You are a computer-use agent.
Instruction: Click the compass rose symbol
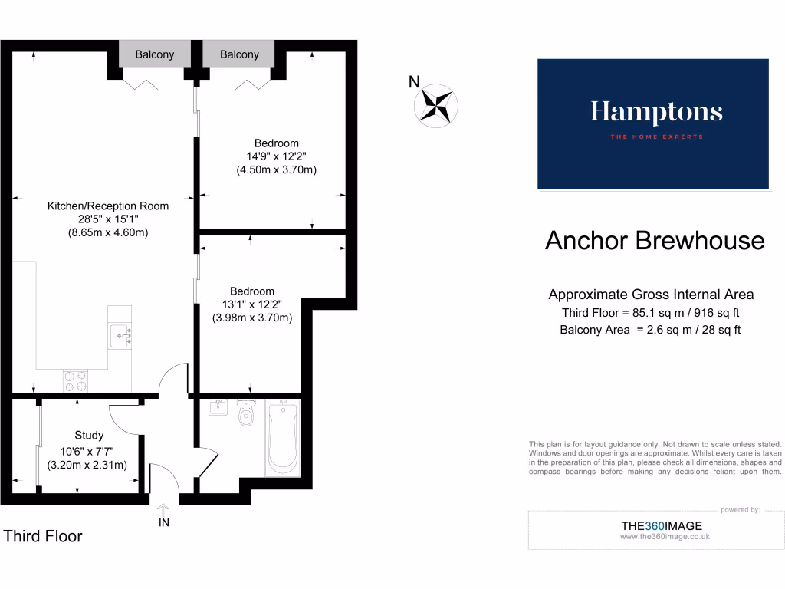coord(436,106)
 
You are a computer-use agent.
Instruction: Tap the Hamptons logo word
coord(656,114)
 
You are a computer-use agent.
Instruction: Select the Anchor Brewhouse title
coord(655,241)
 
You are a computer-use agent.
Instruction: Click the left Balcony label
coord(155,54)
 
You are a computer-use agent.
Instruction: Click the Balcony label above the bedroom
coord(239,54)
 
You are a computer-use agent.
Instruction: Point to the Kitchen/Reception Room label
coord(108,206)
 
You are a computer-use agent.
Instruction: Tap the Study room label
coord(89,435)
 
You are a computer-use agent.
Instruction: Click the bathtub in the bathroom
coord(282,438)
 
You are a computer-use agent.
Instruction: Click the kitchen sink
coord(120,334)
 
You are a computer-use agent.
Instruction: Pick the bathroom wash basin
coord(217,406)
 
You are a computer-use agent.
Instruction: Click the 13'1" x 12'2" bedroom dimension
coord(252,304)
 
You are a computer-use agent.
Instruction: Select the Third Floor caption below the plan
coord(43,536)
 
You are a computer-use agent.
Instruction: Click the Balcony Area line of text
coord(650,330)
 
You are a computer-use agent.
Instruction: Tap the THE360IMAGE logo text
coord(661,526)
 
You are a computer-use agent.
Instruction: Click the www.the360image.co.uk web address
coord(665,537)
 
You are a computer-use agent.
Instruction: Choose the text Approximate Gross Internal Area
coord(651,294)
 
